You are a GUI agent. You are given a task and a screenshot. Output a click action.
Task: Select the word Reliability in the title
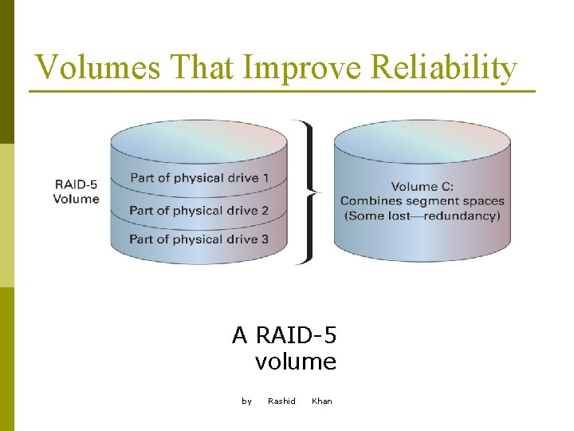(443, 68)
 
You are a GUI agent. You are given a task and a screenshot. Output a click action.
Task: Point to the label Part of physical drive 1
(199, 177)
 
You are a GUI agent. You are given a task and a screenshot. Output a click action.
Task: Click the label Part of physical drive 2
(199, 211)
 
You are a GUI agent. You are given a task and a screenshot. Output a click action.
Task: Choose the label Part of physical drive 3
(199, 239)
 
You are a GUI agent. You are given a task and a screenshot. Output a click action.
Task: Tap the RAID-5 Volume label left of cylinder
(77, 192)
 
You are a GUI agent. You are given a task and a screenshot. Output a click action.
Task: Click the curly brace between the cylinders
(308, 192)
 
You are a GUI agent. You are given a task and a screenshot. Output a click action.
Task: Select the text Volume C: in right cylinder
(422, 186)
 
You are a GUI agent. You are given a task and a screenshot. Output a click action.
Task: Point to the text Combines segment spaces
(422, 200)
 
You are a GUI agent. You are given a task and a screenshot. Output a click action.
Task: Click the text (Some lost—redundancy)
(422, 215)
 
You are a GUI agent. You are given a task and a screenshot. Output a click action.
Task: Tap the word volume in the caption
(296, 362)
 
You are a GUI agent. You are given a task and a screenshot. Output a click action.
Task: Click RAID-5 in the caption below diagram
(296, 335)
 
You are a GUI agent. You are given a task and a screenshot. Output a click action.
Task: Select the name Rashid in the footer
(281, 401)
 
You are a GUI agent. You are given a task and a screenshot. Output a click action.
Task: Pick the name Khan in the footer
(322, 401)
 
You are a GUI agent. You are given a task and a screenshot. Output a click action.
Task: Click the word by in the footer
(247, 401)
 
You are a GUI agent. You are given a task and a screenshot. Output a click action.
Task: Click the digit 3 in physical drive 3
(264, 239)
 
